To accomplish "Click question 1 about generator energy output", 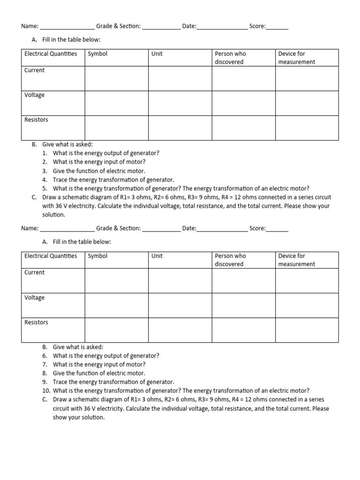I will click(x=106, y=153).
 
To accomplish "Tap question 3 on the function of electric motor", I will click(x=99, y=171).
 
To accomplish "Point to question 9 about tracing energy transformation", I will click(x=113, y=382).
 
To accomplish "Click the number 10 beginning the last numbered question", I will click(x=45, y=390).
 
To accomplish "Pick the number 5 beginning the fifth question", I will click(x=45, y=188).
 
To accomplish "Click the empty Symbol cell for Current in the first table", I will click(x=117, y=78).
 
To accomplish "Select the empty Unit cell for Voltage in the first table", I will click(x=180, y=103).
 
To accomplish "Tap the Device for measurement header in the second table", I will click(x=297, y=260).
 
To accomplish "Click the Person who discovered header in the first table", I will click(x=230, y=58).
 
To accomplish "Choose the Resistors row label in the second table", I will click(x=36, y=322).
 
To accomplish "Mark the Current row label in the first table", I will click(x=35, y=70).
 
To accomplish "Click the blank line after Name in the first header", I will click(x=67, y=27).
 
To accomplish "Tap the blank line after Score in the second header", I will click(x=277, y=229).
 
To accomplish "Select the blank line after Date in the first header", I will click(x=222, y=27).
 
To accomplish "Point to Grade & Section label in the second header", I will click(x=118, y=228).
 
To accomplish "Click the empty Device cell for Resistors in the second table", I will click(x=307, y=330).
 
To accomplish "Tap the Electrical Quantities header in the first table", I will click(x=51, y=54).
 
